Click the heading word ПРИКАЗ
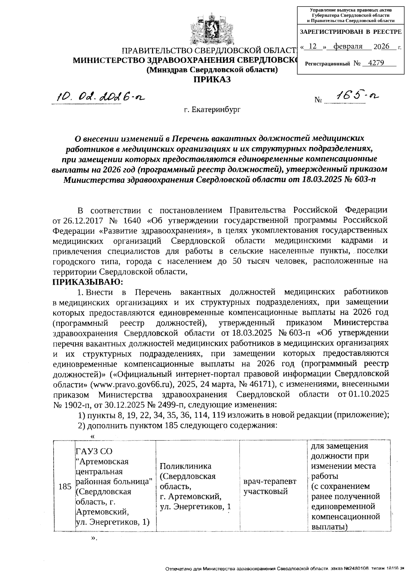(x=212, y=80)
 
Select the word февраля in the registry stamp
(x=348, y=46)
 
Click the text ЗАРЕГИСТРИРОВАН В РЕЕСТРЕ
(x=351, y=32)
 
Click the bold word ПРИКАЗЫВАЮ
(x=87, y=282)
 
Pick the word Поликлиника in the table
(x=186, y=466)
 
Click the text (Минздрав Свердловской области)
(x=212, y=70)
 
